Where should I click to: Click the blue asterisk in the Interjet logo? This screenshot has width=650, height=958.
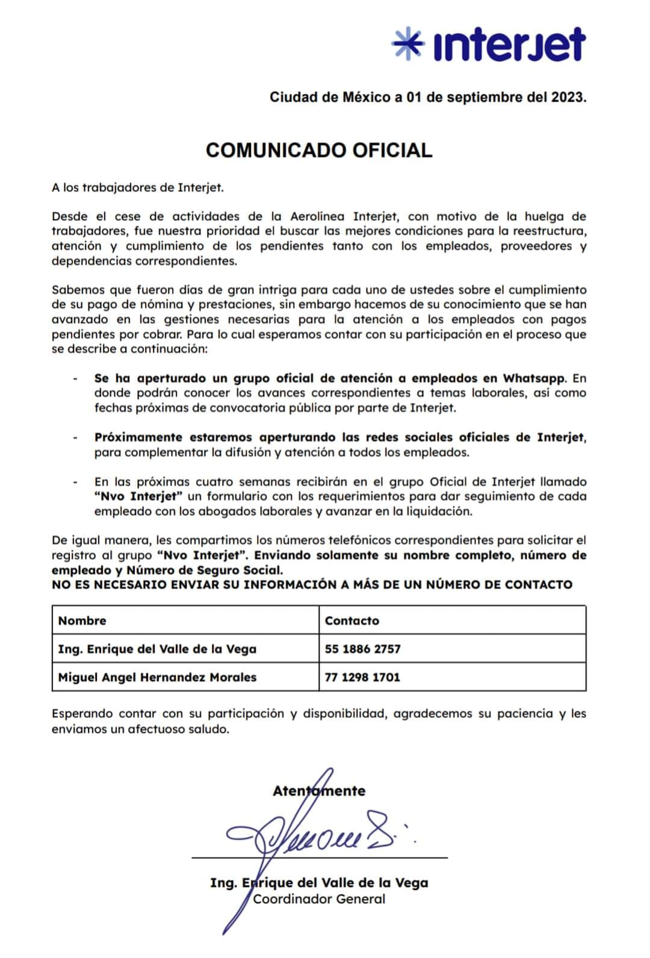[x=407, y=45]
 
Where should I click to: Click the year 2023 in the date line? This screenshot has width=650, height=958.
[x=568, y=97]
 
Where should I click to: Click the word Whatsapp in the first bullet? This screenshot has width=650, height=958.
[x=534, y=378]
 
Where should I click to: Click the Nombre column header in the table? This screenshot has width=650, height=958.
[x=82, y=621]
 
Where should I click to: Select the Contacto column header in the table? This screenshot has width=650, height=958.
[x=352, y=621]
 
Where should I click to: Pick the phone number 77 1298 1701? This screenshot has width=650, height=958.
[x=362, y=677]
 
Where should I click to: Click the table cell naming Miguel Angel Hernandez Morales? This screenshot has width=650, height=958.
[x=157, y=677]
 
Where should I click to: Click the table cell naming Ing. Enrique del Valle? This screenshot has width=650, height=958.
[x=157, y=649]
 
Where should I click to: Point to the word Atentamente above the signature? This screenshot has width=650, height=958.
[x=319, y=791]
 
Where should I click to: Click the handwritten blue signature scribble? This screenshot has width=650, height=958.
[x=313, y=836]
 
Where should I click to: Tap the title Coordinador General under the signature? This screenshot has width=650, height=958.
[x=319, y=899]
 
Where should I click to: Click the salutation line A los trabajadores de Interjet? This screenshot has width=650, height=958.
[x=138, y=187]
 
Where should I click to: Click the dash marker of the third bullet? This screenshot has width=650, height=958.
[x=75, y=482]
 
